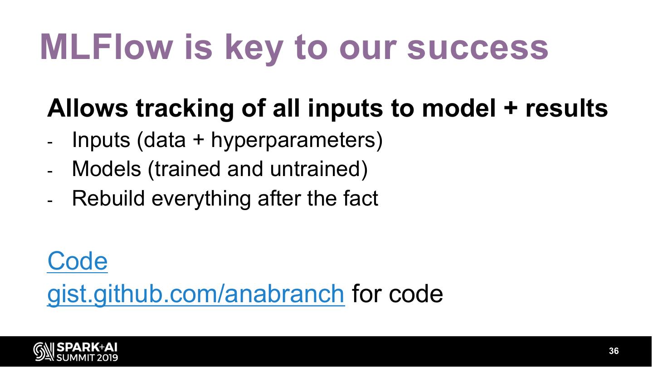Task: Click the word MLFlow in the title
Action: pos(107,47)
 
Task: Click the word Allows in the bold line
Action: pos(88,108)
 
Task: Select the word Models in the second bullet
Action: pos(107,169)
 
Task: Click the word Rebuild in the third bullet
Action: pos(108,198)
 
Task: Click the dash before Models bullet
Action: pos(50,172)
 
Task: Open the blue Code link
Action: pos(78,261)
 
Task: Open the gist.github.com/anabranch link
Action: pos(196,294)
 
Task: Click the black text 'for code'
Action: pos(397,294)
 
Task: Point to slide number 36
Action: pos(614,351)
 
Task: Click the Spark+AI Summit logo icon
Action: pos(44,351)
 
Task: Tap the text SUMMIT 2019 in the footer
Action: pos(87,358)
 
